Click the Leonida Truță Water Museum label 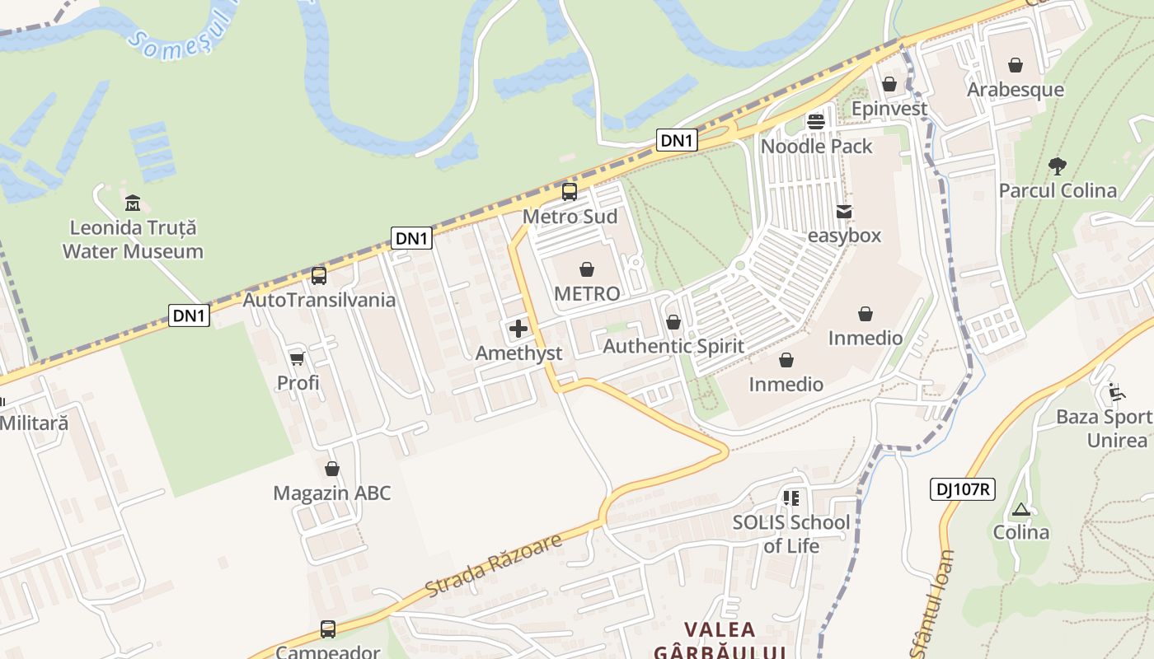(x=133, y=239)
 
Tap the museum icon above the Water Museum (x=132, y=203)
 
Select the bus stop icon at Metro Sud (x=570, y=192)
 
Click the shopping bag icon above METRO (x=587, y=269)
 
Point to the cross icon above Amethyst (x=518, y=329)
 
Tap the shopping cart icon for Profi (x=298, y=358)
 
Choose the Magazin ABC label (x=332, y=493)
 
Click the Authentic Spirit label (x=673, y=346)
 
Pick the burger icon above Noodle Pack (x=816, y=122)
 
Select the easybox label (x=844, y=236)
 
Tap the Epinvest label (x=889, y=108)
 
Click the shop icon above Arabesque (x=1016, y=65)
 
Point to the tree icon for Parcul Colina (x=1058, y=166)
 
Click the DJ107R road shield (x=964, y=489)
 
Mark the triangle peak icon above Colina (x=1021, y=510)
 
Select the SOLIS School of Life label (x=791, y=533)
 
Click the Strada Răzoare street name (x=495, y=565)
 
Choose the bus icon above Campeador (x=328, y=629)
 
